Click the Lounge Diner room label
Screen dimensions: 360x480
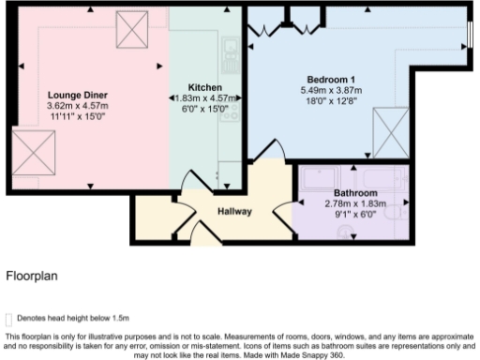[79, 96]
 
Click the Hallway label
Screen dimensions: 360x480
[234, 211]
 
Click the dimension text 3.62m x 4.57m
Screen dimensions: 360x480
[79, 107]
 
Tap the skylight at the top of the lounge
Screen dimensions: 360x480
[127, 32]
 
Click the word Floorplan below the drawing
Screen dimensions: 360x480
[32, 277]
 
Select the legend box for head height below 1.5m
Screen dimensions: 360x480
[10, 319]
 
